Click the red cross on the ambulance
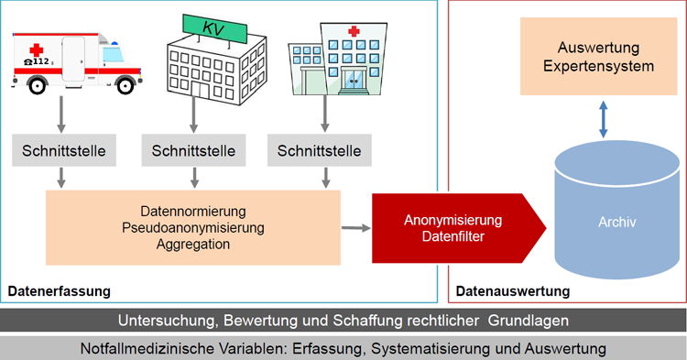coord(37,50)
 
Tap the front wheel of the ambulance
coord(125,85)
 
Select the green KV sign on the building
coord(214,28)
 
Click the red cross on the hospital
coord(354,31)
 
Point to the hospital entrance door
coord(354,80)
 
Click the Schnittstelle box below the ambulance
coord(64,150)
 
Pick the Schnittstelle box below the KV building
coord(193,150)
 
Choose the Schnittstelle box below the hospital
coord(320,150)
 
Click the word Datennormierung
coord(193,211)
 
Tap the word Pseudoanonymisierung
coord(193,228)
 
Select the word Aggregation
coord(193,244)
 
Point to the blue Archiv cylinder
coord(616,210)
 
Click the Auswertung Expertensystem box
coord(598,57)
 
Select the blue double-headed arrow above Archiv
coord(604,120)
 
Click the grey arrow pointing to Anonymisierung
coord(355,228)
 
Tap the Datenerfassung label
coord(60,291)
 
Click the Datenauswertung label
coord(513,291)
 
